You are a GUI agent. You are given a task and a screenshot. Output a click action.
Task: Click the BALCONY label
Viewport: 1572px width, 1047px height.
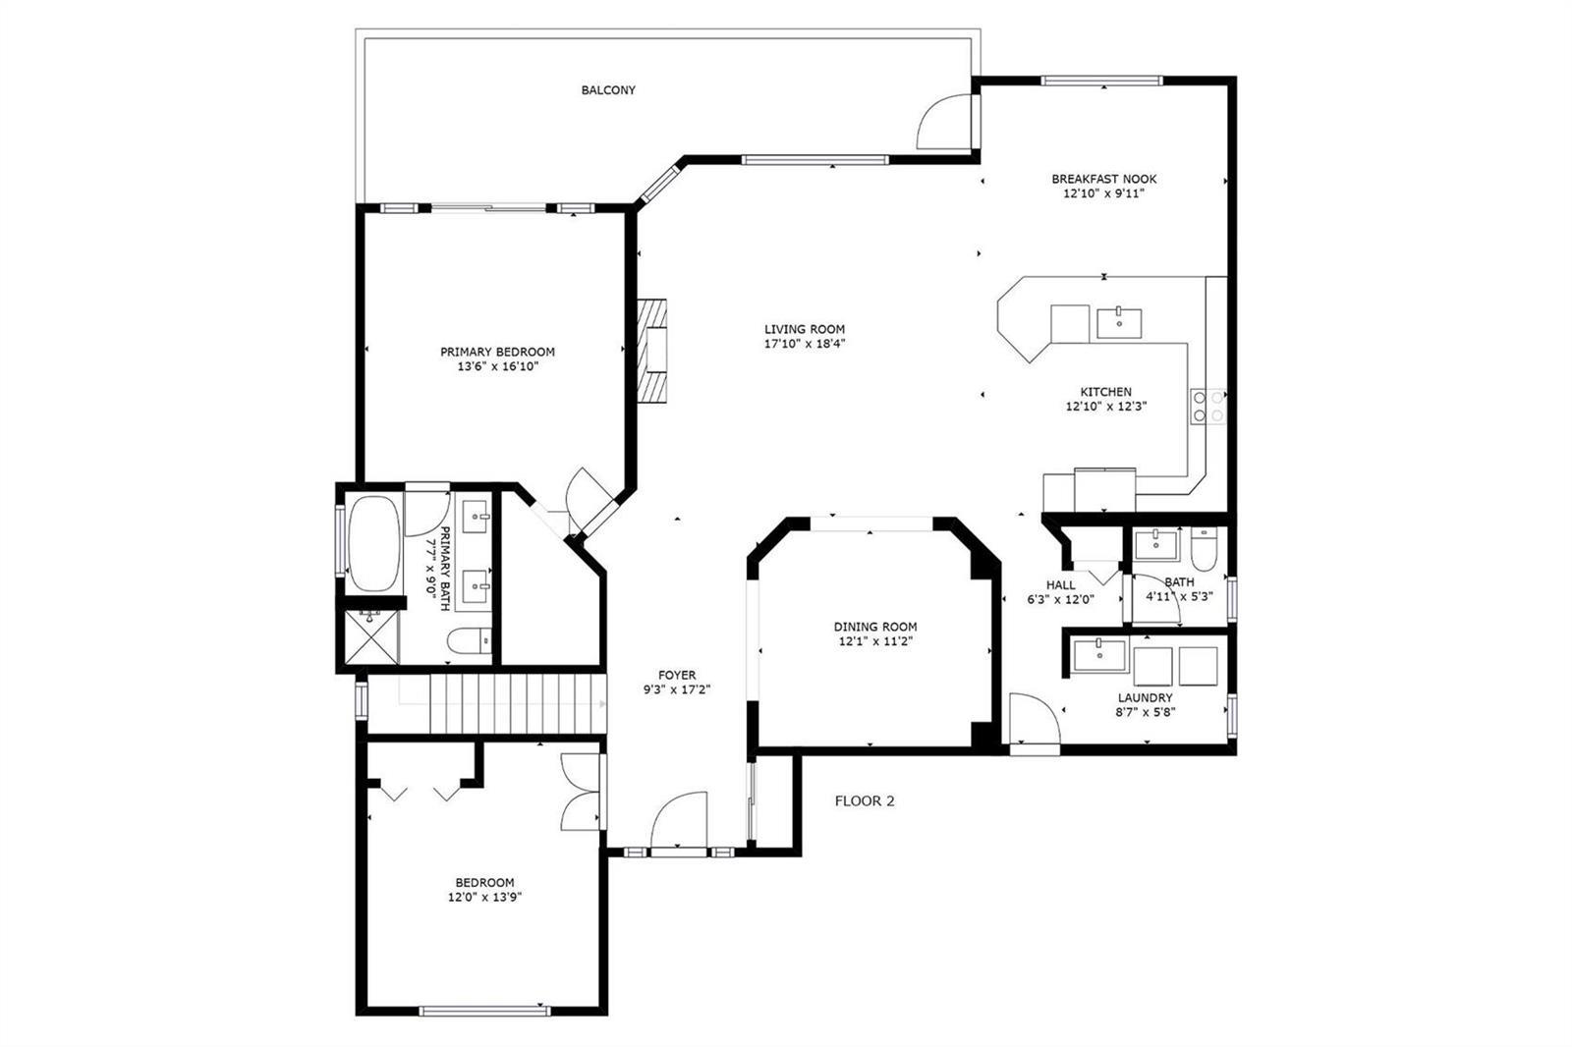608,89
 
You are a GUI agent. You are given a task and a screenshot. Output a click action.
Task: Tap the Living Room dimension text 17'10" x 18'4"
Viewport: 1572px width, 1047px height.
805,344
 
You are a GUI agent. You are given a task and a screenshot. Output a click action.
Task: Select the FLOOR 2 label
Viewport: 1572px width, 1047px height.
865,801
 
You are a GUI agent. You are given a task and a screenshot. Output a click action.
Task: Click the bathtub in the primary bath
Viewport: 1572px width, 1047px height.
374,544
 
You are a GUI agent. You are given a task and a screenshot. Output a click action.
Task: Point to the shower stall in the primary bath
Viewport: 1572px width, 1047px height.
372,637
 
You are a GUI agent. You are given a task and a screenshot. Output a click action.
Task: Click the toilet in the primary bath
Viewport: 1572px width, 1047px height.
470,640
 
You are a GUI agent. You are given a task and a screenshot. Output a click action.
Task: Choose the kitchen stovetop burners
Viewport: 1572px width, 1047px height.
1207,407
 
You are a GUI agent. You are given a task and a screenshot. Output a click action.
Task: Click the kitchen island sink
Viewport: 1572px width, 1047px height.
1119,323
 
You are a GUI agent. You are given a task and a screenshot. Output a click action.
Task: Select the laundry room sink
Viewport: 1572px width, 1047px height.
1099,655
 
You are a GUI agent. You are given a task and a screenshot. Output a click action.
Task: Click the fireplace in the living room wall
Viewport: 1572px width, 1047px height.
652,351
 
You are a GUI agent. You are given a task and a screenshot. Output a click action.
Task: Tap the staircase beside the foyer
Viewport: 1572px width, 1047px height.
517,704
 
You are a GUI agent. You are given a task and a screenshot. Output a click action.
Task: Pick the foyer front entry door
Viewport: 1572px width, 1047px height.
679,820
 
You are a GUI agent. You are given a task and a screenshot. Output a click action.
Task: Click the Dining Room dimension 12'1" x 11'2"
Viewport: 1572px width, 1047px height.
875,641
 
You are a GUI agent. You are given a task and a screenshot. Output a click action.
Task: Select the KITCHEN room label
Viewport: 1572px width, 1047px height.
1106,392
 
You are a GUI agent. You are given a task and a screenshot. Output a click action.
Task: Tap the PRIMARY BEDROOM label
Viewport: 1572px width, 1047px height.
497,352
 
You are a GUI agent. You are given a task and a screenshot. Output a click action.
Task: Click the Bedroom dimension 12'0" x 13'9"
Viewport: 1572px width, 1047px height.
485,897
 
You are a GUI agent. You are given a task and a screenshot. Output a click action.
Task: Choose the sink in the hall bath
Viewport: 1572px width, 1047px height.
1155,544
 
